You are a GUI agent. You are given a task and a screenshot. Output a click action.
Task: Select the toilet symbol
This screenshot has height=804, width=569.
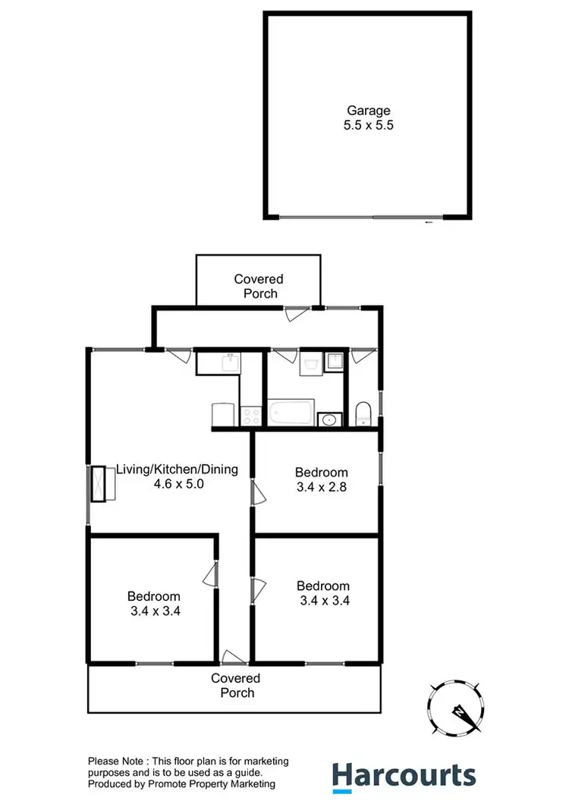click(x=363, y=414)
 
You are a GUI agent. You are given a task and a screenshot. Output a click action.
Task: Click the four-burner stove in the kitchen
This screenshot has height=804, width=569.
click(x=251, y=416)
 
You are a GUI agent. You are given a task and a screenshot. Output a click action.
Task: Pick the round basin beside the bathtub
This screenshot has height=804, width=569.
click(x=330, y=419)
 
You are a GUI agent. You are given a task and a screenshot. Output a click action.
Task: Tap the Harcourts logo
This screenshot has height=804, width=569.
click(x=404, y=775)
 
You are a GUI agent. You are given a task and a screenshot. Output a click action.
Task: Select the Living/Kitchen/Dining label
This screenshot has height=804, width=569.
click(x=177, y=470)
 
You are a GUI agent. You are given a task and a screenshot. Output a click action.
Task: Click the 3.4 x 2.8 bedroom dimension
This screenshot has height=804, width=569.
click(x=322, y=488)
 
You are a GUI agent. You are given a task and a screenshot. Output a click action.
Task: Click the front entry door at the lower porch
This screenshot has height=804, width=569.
click(x=234, y=655)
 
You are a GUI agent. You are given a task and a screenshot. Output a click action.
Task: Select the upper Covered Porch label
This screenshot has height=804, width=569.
click(x=258, y=286)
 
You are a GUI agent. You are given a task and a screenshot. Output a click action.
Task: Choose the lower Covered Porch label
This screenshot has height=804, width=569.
click(x=235, y=685)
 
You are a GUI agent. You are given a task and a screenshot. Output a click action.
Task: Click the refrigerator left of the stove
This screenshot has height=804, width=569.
click(x=222, y=415)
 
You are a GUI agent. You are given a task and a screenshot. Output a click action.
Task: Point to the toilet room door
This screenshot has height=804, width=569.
click(x=363, y=355)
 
